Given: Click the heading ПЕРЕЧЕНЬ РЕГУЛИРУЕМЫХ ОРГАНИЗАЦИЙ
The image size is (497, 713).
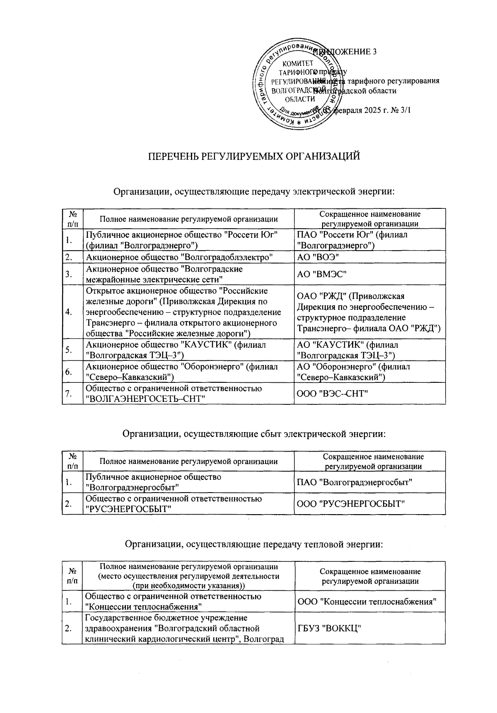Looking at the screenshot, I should click(254, 157).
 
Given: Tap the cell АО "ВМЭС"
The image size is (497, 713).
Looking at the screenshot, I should click(322, 274).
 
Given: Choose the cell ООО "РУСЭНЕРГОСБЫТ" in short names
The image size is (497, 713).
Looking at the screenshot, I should click(351, 504).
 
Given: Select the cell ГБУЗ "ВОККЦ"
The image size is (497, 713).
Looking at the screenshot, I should click(330, 628).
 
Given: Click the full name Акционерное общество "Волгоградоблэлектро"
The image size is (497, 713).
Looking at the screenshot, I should click(179, 257).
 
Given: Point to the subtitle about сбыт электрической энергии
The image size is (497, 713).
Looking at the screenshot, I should click(254, 434).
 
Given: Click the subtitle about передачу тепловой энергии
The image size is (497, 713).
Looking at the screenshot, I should click(254, 544).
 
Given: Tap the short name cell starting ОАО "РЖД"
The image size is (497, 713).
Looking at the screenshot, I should click(369, 312).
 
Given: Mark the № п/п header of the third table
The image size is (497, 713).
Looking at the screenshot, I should click(72, 576).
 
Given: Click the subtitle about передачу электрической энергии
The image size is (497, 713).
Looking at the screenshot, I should click(254, 192).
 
